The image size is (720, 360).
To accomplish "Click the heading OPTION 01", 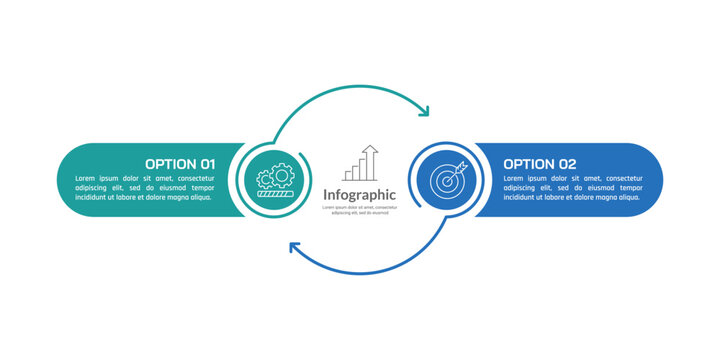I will click(180, 163).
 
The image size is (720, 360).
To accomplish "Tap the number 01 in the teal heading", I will click(208, 163).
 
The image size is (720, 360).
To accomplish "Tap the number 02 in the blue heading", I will click(566, 163).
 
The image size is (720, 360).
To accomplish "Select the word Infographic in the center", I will click(360, 194).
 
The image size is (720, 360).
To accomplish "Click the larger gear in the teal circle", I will click(282, 174).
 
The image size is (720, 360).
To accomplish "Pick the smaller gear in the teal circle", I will click(266, 181).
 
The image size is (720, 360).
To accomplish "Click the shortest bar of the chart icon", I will click(349, 176).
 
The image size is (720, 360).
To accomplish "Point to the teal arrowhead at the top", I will click(424, 111).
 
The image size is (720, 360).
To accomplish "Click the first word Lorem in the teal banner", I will click(86, 176).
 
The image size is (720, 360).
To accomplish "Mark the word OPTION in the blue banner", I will click(525, 163).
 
